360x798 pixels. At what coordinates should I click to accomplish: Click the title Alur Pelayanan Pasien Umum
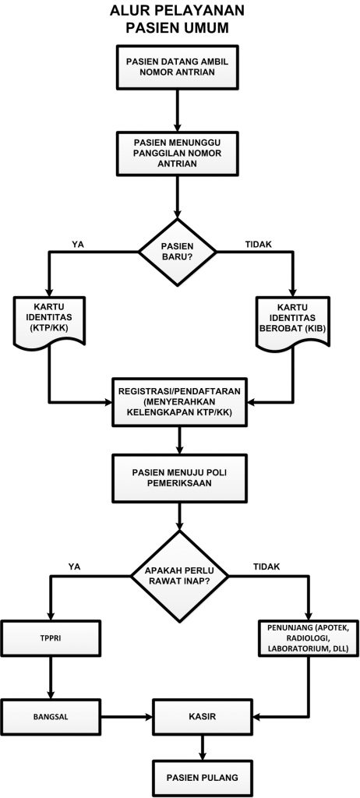[177, 19]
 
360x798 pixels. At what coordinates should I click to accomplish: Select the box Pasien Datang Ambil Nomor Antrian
[177, 67]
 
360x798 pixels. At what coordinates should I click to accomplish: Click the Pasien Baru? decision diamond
[178, 252]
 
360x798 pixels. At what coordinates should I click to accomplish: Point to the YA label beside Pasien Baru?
[79, 244]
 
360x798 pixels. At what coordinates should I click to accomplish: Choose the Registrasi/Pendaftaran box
[179, 402]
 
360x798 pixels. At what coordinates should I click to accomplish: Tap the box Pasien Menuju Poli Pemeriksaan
[179, 478]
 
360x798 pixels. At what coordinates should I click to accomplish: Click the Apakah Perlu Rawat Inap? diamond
[179, 576]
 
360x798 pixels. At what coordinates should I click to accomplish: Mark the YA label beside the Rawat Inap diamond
[76, 566]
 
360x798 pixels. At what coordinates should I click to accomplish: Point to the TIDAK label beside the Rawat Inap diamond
[266, 566]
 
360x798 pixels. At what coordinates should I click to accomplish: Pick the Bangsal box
[51, 717]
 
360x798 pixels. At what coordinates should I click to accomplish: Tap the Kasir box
[203, 717]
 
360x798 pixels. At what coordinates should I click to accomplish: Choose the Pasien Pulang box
[203, 778]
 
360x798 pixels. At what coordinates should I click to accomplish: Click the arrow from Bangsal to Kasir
[127, 717]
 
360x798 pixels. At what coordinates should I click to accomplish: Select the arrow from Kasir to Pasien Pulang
[203, 747]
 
